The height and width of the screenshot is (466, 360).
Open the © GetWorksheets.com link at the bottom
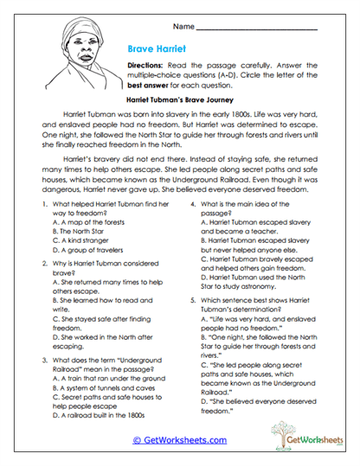(180, 440)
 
